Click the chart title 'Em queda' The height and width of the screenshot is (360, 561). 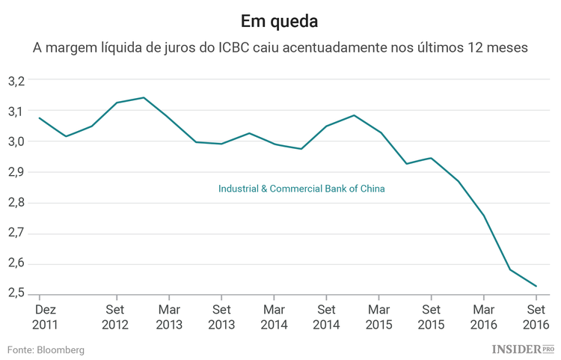point(280,19)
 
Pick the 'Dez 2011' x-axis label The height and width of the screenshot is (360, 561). point(45,317)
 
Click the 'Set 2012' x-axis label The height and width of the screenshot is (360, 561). point(116,317)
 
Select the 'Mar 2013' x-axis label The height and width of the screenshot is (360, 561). point(168,317)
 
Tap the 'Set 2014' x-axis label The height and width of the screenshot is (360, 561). point(326,317)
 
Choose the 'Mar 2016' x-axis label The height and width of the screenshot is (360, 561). point(484,317)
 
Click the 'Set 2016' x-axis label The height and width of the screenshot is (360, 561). point(536,317)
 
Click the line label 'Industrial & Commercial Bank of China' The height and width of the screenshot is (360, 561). point(301,189)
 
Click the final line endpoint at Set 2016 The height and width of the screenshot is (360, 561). point(536,286)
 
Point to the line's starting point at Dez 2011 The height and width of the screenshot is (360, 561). point(39,118)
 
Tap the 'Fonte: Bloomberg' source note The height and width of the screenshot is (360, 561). point(46,350)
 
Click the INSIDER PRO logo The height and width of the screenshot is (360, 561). point(523,349)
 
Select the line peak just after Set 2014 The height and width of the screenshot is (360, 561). point(353,115)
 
